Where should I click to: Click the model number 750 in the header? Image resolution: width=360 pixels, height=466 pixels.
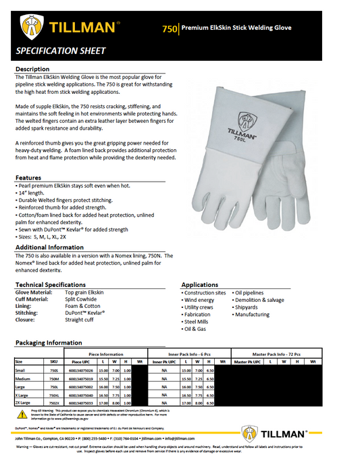point(170,28)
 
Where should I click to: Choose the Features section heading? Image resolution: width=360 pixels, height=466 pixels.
point(29,176)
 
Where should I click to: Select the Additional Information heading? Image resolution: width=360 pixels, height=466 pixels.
point(49,248)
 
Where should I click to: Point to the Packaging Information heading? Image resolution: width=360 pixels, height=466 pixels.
point(49,342)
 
